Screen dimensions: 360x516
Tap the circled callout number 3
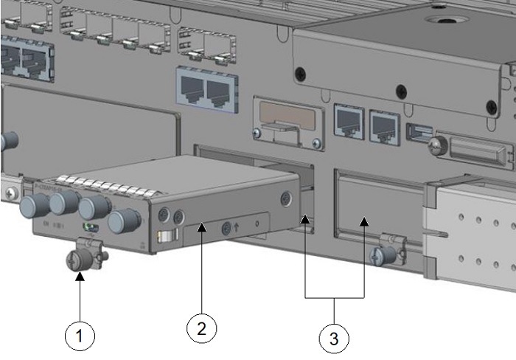(333, 339)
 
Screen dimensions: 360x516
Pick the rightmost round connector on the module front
(121, 219)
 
